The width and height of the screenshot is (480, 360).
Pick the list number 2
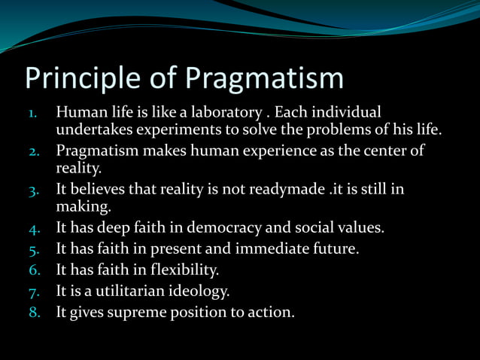[34, 151]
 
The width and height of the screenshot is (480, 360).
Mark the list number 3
[34, 190]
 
